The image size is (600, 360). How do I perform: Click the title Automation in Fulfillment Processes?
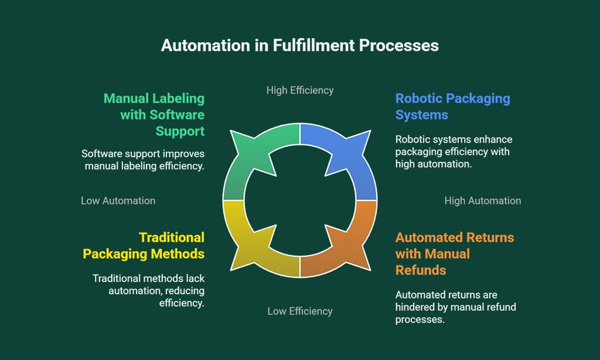[300, 45]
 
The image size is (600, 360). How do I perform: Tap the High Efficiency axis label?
[300, 90]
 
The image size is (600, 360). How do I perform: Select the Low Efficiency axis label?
[300, 311]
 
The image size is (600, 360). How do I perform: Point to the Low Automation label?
[118, 201]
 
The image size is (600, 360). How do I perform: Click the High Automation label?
[482, 201]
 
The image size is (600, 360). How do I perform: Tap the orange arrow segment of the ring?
[346, 246]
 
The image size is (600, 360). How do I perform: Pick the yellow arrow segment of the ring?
[252, 246]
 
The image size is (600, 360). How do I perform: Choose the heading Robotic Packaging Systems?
[452, 106]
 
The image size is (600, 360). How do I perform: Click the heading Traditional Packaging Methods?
[144, 245]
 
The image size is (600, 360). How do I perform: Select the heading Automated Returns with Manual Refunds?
[454, 253]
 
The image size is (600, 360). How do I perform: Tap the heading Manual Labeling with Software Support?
[154, 114]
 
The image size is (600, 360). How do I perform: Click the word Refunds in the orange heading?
[421, 270]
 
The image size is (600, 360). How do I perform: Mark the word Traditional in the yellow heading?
[172, 237]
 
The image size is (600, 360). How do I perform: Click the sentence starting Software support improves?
[143, 160]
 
